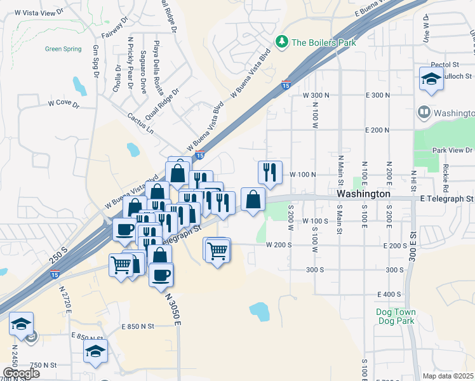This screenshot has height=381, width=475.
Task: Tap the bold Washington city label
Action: click(x=363, y=193)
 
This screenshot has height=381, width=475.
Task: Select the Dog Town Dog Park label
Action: click(x=395, y=316)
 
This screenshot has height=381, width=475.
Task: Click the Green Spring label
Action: click(x=63, y=49)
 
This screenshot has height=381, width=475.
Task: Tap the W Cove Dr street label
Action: click(x=63, y=104)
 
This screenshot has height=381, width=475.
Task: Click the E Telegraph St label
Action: click(x=446, y=199)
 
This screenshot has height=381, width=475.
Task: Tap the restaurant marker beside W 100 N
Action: click(x=270, y=171)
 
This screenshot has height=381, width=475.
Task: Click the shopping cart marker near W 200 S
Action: click(x=217, y=251)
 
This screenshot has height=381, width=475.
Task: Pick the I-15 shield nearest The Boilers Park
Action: click(x=286, y=84)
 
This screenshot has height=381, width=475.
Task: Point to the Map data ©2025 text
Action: click(x=448, y=376)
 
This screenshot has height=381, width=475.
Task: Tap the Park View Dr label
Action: click(x=452, y=150)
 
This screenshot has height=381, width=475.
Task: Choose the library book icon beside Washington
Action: click(x=424, y=113)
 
